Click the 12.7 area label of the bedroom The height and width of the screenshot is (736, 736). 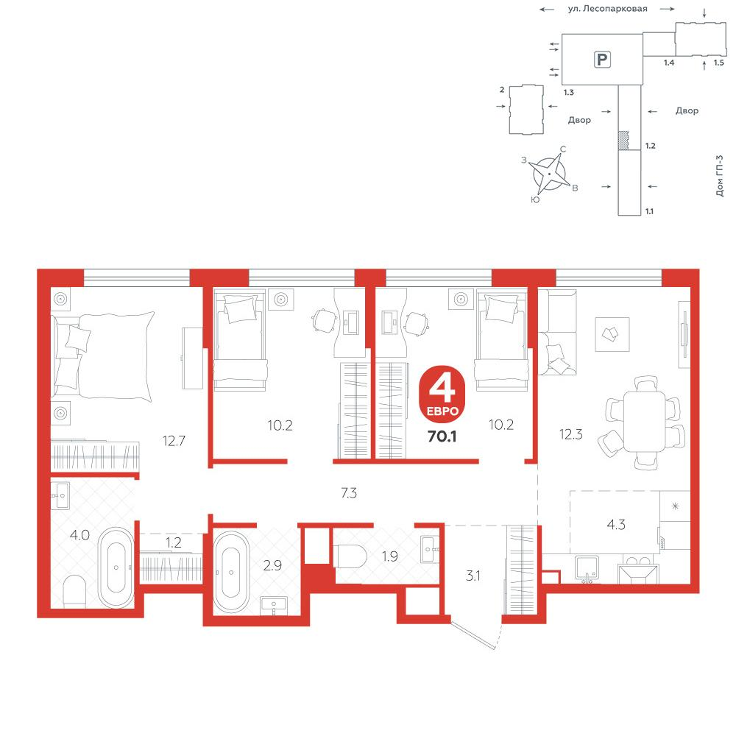174,440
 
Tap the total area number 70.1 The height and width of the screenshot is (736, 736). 442,436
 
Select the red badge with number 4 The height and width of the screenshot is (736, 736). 442,394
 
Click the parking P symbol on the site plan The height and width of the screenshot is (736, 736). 602,60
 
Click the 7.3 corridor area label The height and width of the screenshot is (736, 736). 349,493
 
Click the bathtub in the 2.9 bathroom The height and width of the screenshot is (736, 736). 231,572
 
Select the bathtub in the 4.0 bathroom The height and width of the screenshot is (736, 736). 116,567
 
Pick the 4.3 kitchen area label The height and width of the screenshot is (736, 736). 616,524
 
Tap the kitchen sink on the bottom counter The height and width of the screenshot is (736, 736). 587,568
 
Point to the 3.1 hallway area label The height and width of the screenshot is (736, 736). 473,576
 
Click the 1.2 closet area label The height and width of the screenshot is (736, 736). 173,542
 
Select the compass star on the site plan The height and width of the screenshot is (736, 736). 549,174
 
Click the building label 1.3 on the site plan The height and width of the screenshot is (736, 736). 568,92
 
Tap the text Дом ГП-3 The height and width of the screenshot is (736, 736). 720,176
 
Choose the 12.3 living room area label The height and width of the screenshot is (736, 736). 571,434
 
